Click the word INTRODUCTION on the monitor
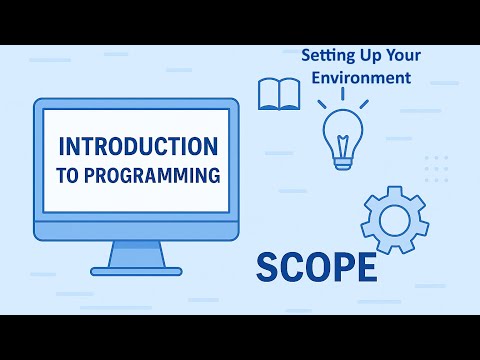click(x=138, y=146)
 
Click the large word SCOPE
click(x=316, y=267)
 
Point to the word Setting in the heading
click(x=326, y=56)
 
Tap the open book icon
click(x=279, y=95)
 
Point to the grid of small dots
click(x=436, y=169)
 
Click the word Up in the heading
click(x=368, y=56)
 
